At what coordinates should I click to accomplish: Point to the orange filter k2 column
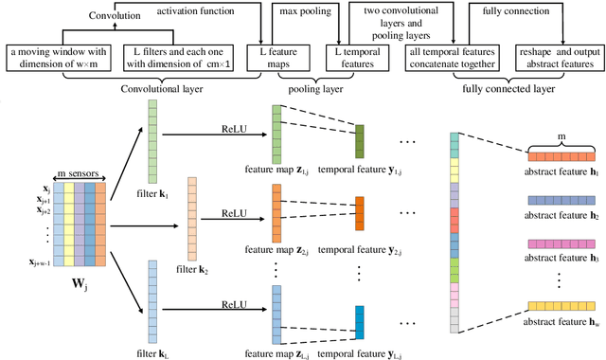tap(192, 210)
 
